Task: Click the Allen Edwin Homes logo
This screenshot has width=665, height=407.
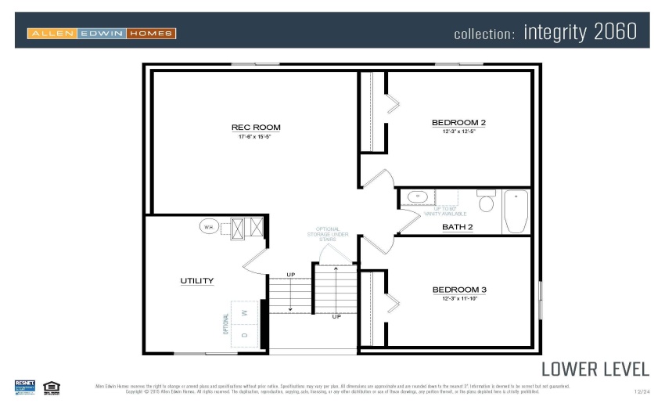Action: pos(102,33)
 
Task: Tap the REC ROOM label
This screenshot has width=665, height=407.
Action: pos(256,128)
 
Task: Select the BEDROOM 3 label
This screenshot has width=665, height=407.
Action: pos(459,290)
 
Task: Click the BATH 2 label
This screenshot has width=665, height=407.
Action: pos(458,227)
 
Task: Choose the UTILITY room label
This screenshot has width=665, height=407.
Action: pos(196,280)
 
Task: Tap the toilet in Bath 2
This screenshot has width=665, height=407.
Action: pos(486,203)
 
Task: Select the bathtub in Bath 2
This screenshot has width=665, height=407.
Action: pos(516,211)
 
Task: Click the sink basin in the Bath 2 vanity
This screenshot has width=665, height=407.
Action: pos(416,197)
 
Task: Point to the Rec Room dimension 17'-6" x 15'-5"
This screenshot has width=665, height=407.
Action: pos(256,137)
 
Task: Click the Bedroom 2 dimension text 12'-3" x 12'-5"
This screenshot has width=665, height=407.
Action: pos(458,131)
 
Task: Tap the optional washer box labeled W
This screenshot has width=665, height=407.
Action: pos(245,312)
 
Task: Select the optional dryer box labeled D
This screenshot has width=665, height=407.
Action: pos(245,335)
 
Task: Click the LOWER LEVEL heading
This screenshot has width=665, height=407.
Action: pos(595,369)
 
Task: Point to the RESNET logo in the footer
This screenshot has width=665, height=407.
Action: pos(25,386)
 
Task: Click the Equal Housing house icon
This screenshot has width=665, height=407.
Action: pos(52,386)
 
